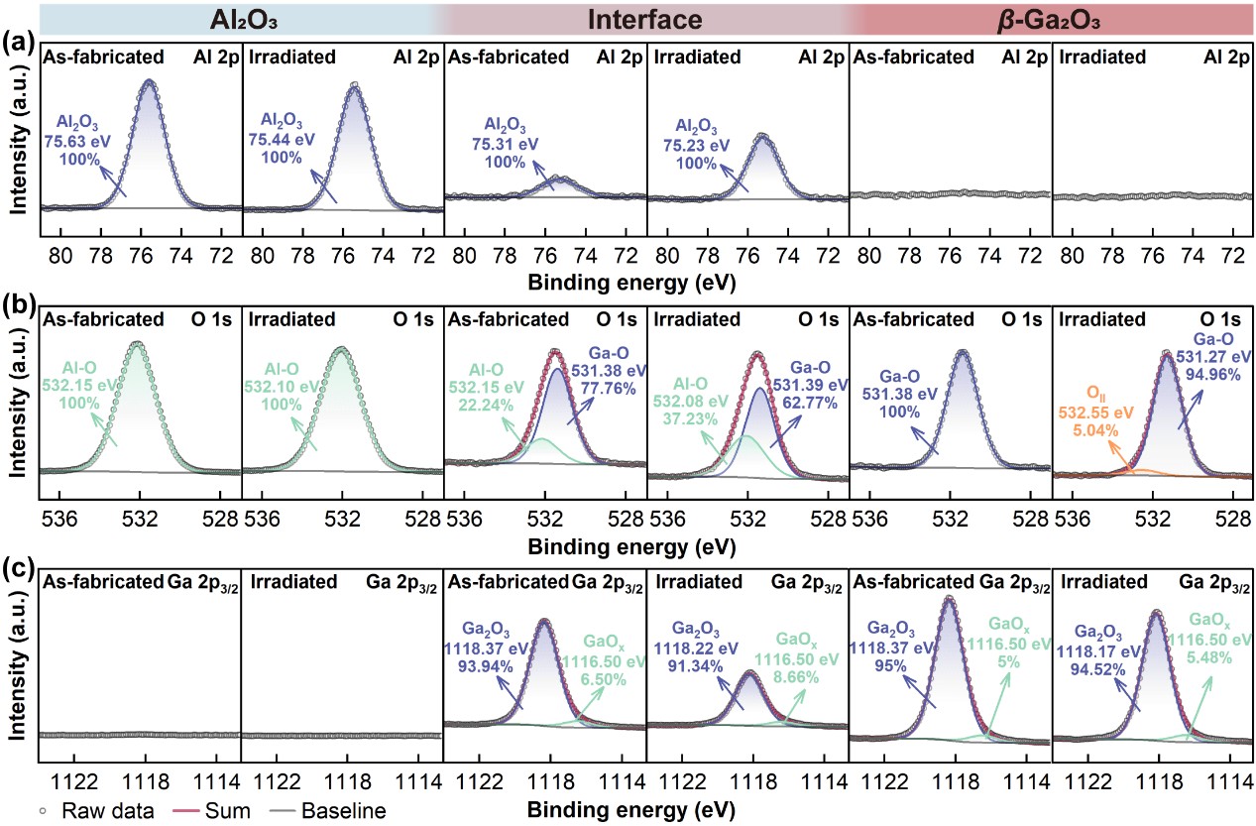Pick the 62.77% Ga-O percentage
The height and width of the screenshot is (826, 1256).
[x=813, y=403]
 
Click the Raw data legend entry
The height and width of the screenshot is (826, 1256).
[x=96, y=811]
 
